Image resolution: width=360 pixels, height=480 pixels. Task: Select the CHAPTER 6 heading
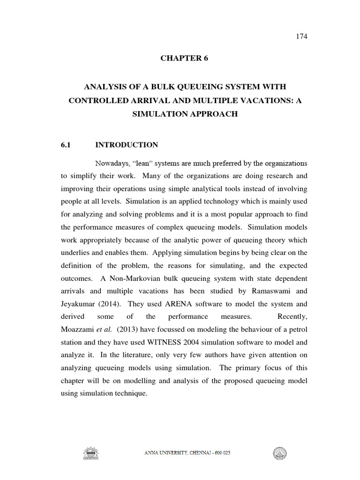tap(184, 58)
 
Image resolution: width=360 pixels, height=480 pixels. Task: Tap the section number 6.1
tap(66, 145)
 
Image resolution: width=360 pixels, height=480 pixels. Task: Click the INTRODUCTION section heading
tap(127, 145)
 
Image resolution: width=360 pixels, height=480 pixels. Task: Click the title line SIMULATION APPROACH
tap(184, 114)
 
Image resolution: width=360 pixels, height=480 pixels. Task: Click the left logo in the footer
tap(91, 453)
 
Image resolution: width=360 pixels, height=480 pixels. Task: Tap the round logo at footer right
tap(280, 453)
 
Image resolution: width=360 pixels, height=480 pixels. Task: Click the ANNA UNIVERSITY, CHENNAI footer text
tap(186, 453)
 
